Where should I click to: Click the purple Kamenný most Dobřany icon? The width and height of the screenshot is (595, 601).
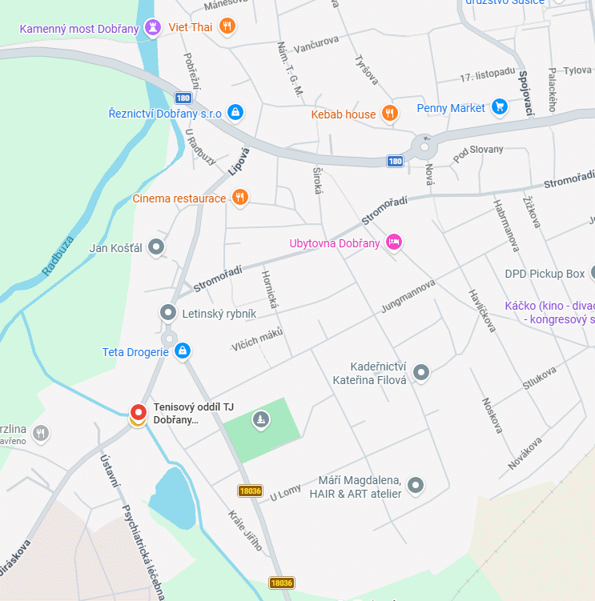coord(152,29)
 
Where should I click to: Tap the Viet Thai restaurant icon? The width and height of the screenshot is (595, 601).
coord(227,26)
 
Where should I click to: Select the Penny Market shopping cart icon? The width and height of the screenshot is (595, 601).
coord(500,106)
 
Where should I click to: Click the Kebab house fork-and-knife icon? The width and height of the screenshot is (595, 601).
coord(389,114)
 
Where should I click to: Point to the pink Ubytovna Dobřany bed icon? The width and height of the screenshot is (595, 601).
coord(393,242)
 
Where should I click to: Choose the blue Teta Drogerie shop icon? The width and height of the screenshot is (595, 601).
coord(183,351)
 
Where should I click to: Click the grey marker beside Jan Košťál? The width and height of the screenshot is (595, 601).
coord(157,247)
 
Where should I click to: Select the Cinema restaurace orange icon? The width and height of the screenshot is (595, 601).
coord(239,198)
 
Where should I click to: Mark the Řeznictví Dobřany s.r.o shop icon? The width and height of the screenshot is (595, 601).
coord(235,113)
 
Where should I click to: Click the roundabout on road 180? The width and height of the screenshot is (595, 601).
coord(422,148)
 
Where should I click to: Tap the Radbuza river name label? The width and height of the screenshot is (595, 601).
coord(58,255)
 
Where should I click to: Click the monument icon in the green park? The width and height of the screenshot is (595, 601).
coord(260,419)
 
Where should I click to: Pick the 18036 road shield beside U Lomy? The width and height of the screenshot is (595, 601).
coord(250,491)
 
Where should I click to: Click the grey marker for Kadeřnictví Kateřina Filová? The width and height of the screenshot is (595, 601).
coord(421,371)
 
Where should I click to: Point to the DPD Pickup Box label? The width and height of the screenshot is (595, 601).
coord(545,274)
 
